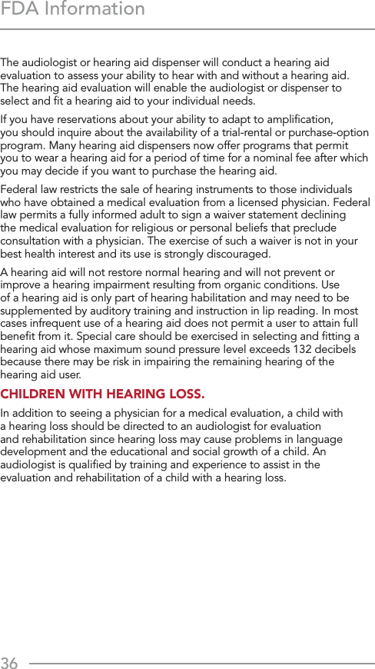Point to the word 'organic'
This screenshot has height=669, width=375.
click(x=238, y=285)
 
